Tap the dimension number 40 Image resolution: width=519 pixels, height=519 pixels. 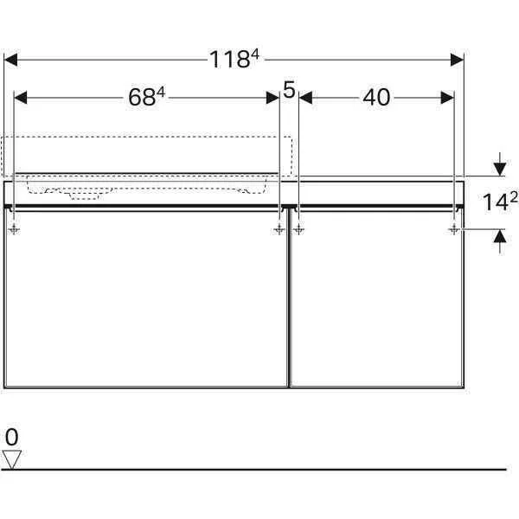(376, 98)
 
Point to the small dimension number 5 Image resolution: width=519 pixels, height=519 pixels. (289, 87)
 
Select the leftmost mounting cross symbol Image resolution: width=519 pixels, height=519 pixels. (15, 229)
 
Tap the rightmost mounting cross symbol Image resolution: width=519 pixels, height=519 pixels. (454, 229)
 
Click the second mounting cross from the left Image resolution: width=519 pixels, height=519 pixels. (279, 229)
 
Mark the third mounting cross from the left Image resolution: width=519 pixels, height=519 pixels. (298, 229)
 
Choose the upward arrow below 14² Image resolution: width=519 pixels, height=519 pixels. (498, 240)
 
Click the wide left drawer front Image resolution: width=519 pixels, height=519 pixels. (146, 298)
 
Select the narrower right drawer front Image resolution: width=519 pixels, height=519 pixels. (377, 298)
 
